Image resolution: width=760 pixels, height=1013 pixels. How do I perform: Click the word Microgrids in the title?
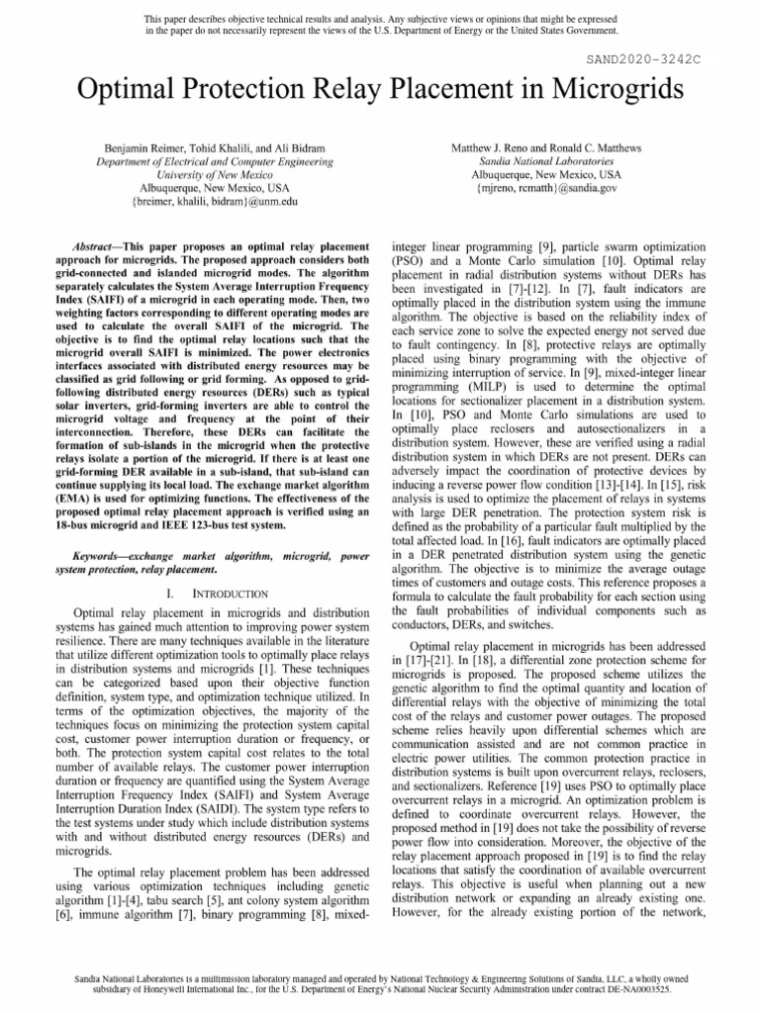point(596,94)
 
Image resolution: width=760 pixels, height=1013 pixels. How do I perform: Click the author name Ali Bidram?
point(311,146)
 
